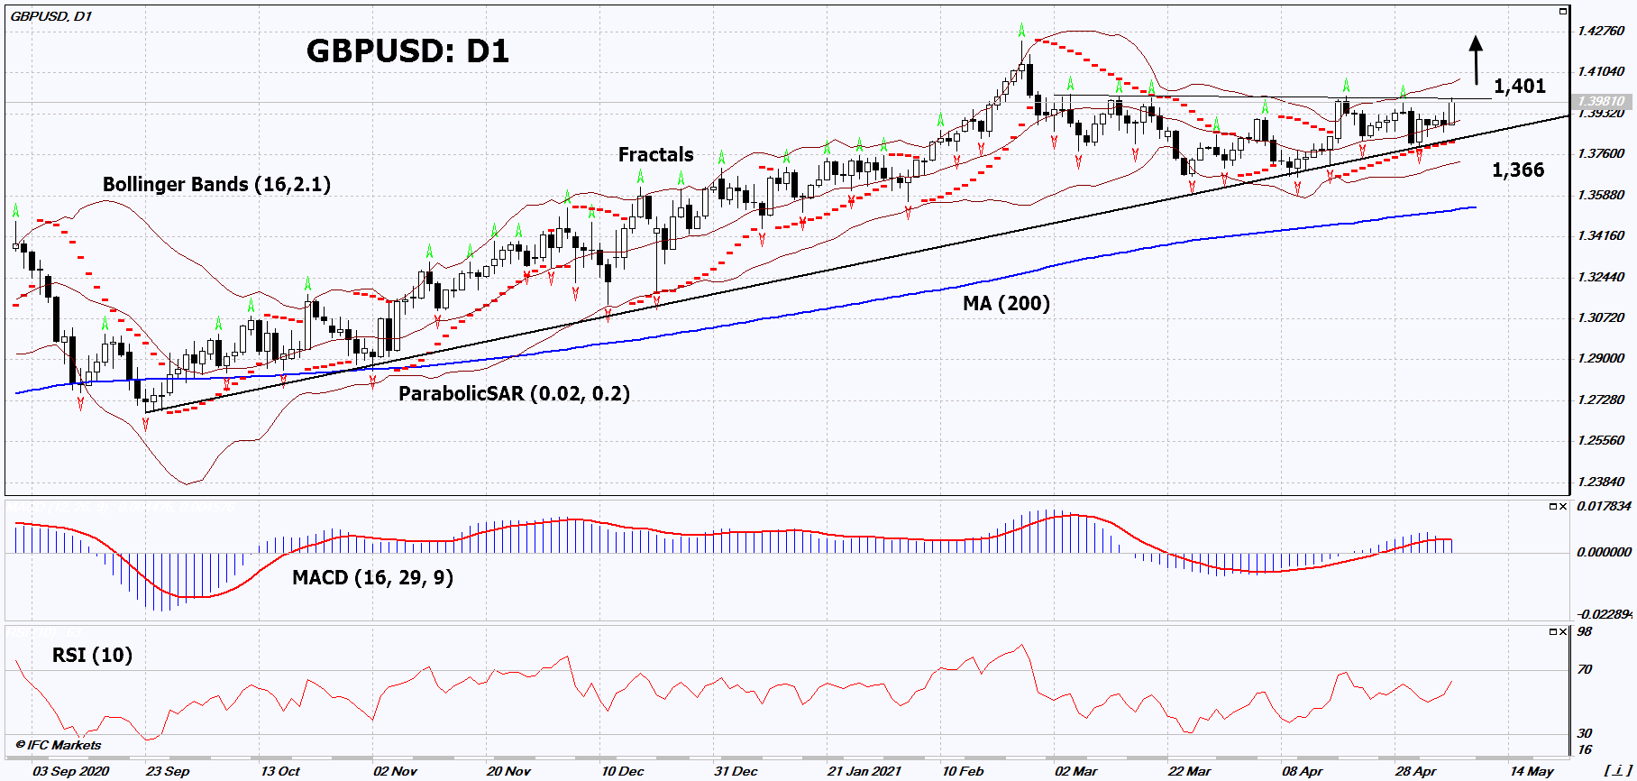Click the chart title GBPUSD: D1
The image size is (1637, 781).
point(407,51)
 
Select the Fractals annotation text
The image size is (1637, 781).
point(655,155)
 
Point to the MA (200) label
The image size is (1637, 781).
point(1006,303)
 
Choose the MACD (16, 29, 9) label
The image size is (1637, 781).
point(372,577)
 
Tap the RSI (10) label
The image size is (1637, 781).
point(92,655)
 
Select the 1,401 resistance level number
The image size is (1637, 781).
point(1519,87)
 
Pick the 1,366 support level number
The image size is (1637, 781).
point(1517,170)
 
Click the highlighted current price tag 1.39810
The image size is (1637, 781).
point(1601,101)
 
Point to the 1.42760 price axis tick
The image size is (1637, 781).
point(1601,31)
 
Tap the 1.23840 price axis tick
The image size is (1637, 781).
point(1601,482)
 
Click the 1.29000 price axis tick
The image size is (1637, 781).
point(1601,358)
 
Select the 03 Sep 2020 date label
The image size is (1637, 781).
point(70,771)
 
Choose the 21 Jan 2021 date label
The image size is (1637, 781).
point(864,771)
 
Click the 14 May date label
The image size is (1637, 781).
point(1532,771)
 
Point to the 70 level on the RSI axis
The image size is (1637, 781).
point(1585,669)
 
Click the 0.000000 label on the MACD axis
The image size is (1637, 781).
point(1604,552)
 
